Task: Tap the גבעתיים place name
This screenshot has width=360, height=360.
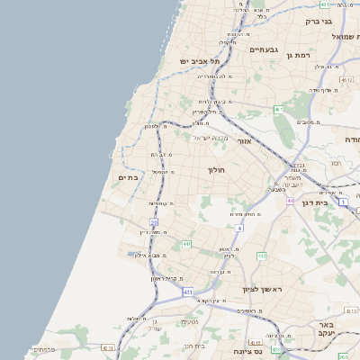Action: [x=266, y=49]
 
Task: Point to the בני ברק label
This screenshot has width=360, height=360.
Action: [x=319, y=20]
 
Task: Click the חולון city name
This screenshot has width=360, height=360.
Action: [x=216, y=169]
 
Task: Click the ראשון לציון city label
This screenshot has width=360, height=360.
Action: [x=262, y=289]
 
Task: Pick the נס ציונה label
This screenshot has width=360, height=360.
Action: [x=247, y=351]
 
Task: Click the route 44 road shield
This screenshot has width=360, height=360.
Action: [x=291, y=201]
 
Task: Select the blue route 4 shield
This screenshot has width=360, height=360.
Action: [x=239, y=229]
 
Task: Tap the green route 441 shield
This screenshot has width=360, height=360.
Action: [x=186, y=244]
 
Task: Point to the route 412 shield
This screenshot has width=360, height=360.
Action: [x=261, y=256]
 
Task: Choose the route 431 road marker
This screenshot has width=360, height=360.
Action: [x=187, y=292]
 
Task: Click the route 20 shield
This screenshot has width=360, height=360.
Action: [x=154, y=220]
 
